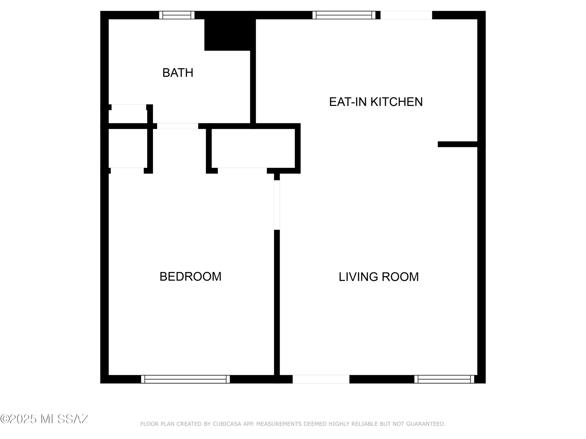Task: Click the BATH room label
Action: pos(178,73)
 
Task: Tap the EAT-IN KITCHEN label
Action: pos(376,102)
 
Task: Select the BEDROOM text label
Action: pos(190,277)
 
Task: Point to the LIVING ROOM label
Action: pos(379,277)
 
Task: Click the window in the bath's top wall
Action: pos(177,15)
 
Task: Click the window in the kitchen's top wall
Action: pos(344,15)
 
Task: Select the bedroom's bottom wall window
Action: pos(185,379)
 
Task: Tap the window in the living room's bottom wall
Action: pos(444,379)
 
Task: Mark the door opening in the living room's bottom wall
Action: pos(321,379)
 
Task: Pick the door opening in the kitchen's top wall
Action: pos(406,15)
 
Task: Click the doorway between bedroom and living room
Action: pos(277,205)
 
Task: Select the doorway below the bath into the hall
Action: pos(178,126)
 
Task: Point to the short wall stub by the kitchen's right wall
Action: pos(457,144)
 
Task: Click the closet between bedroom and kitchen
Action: pos(253,148)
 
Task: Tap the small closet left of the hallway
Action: pos(128,148)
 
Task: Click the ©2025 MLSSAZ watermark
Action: pos(45,419)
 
